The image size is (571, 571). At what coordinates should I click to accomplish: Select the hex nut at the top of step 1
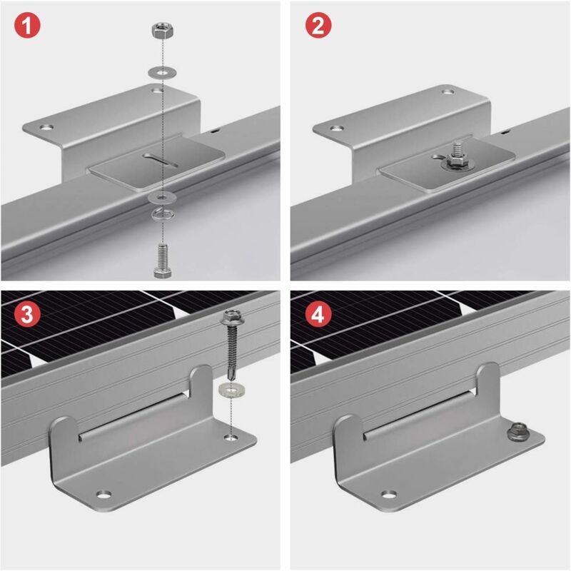tap(163, 31)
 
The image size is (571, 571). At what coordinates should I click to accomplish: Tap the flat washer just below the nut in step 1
tap(163, 72)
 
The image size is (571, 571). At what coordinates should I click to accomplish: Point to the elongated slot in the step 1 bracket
tap(160, 161)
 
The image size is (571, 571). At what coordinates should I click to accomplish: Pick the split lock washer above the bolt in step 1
tap(163, 214)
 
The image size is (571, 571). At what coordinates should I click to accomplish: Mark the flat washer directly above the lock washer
tap(163, 198)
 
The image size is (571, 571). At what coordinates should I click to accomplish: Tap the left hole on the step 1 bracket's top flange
tap(46, 128)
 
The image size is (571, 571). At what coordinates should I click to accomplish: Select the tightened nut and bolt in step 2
tap(457, 158)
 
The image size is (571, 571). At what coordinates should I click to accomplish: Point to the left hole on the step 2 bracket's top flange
tap(337, 128)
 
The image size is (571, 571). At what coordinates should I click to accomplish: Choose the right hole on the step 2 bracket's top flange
tap(448, 91)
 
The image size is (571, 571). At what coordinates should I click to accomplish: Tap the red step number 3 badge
tap(27, 315)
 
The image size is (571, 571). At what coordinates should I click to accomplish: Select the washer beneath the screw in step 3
tap(231, 390)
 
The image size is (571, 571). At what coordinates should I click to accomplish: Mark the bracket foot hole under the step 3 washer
tap(230, 437)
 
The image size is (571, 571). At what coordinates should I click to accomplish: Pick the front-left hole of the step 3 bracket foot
tap(104, 495)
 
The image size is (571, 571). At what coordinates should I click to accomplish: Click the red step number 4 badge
tap(318, 315)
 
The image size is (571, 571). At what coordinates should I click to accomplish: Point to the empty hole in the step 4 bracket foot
tap(389, 495)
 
